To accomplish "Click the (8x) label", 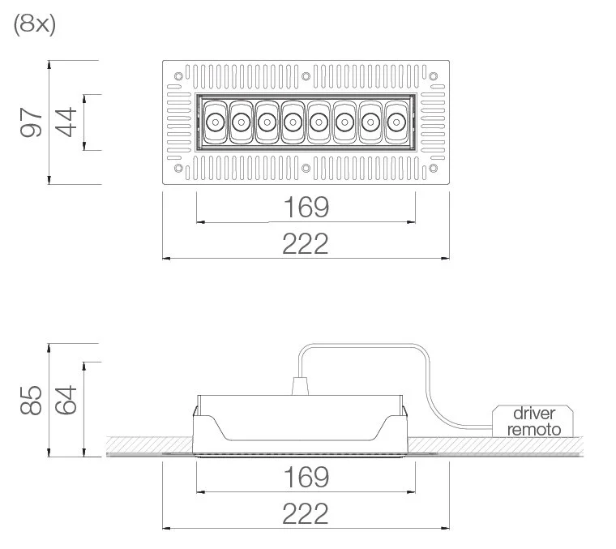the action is click(35, 25).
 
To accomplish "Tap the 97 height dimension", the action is click(31, 122).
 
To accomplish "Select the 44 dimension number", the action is click(66, 122).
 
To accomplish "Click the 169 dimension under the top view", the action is click(306, 207).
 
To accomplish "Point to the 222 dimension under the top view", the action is click(306, 243).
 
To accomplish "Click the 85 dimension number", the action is click(31, 400).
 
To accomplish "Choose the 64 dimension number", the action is click(66, 400).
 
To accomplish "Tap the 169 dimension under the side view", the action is click(306, 477).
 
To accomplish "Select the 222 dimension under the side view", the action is click(306, 513).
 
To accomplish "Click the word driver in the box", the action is click(534, 414).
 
